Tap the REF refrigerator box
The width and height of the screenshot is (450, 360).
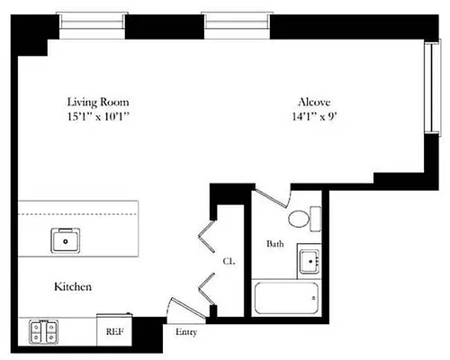115,330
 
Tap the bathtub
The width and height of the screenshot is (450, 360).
286,298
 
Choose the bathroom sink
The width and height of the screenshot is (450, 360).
310,262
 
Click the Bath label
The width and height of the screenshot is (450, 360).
275,244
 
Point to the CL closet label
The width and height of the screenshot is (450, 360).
229,261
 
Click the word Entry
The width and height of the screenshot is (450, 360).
186,332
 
